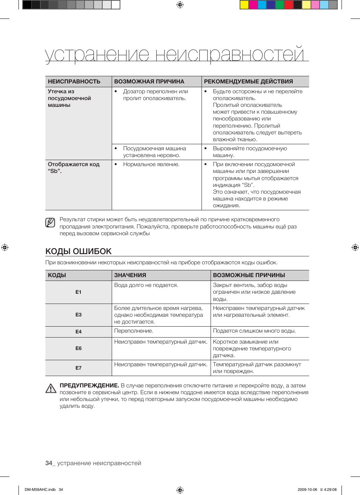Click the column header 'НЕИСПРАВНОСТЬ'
74,82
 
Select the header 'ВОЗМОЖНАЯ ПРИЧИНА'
149,82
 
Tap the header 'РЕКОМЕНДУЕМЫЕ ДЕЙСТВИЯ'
248,82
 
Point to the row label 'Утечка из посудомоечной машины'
69,98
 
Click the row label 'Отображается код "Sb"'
74,168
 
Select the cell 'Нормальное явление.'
151,165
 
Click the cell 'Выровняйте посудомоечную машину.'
249,152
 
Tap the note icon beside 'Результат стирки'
50,223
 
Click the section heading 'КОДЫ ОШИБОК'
78,251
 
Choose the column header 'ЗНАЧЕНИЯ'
130,275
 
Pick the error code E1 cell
78,292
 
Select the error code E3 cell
78,315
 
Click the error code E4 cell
78,332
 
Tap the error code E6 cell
78,348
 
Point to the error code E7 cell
78,368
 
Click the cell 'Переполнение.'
134,331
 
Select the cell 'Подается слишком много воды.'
254,331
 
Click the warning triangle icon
51,388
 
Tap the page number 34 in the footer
49,463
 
